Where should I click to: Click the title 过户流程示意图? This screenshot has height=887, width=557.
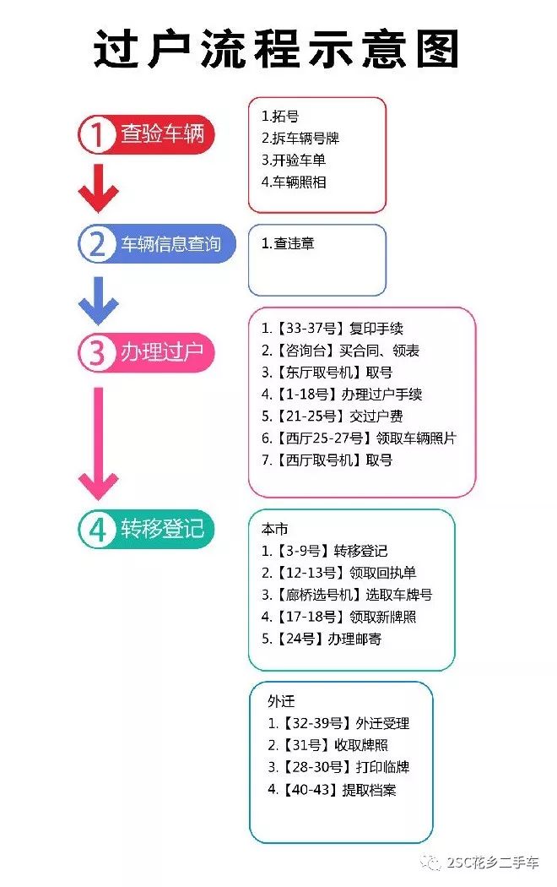(x=275, y=49)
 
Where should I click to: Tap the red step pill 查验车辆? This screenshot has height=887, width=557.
(x=146, y=134)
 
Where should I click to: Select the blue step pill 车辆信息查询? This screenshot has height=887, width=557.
(x=156, y=244)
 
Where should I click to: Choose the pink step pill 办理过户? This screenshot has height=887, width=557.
(x=146, y=352)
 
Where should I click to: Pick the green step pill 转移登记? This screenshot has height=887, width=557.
(x=146, y=529)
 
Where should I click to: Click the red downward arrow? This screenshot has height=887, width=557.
(x=98, y=188)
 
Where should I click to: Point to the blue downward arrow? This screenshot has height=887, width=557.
(x=98, y=301)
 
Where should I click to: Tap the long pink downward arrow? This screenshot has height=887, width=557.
(x=98, y=443)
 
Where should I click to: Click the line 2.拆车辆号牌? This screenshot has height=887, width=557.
(x=300, y=138)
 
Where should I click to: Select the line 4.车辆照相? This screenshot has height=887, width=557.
(x=294, y=182)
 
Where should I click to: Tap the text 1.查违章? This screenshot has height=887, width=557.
(x=288, y=243)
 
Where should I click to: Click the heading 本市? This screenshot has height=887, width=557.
(x=274, y=529)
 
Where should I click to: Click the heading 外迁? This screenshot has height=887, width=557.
(x=281, y=701)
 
